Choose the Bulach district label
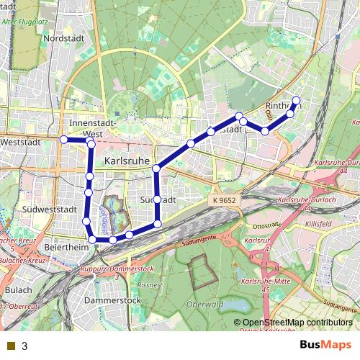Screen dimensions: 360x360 pos(17,289)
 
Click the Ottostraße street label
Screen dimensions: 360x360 pos(266,224)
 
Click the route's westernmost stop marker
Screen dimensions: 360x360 pos(63,139)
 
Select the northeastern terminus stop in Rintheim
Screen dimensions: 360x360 pos(296,100)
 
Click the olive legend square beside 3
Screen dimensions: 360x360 pos(10,346)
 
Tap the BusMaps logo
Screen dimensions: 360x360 pos(326,345)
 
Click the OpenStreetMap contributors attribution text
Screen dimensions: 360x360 pos(293,323)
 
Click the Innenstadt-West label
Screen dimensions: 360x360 pos(93,128)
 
